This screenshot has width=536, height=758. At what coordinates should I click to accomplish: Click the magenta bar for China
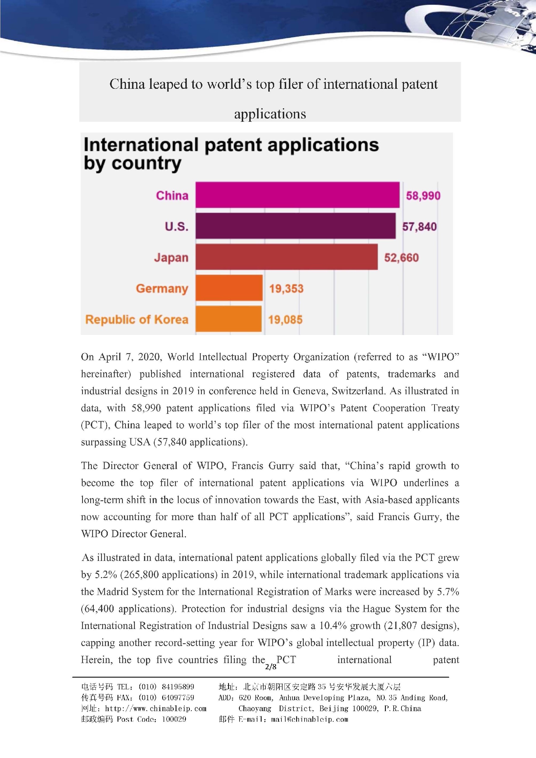coord(297,195)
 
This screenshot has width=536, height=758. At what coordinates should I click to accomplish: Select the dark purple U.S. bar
coord(295,226)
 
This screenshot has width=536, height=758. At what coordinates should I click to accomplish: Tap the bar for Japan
coord(286,257)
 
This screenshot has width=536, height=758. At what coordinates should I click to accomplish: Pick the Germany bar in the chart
coord(229,288)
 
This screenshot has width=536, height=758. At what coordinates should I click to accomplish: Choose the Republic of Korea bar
coord(228,319)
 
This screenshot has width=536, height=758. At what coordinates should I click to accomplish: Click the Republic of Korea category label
coord(137,320)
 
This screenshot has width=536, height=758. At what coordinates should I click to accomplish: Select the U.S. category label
coord(177,226)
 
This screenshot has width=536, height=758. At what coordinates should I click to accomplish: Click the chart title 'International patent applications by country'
coord(231,154)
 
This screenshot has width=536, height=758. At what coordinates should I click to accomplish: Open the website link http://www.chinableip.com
coord(155,709)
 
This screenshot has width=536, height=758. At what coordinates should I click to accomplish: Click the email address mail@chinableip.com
coord(309,719)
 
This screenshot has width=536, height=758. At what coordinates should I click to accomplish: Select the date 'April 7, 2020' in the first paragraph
coord(130,357)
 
